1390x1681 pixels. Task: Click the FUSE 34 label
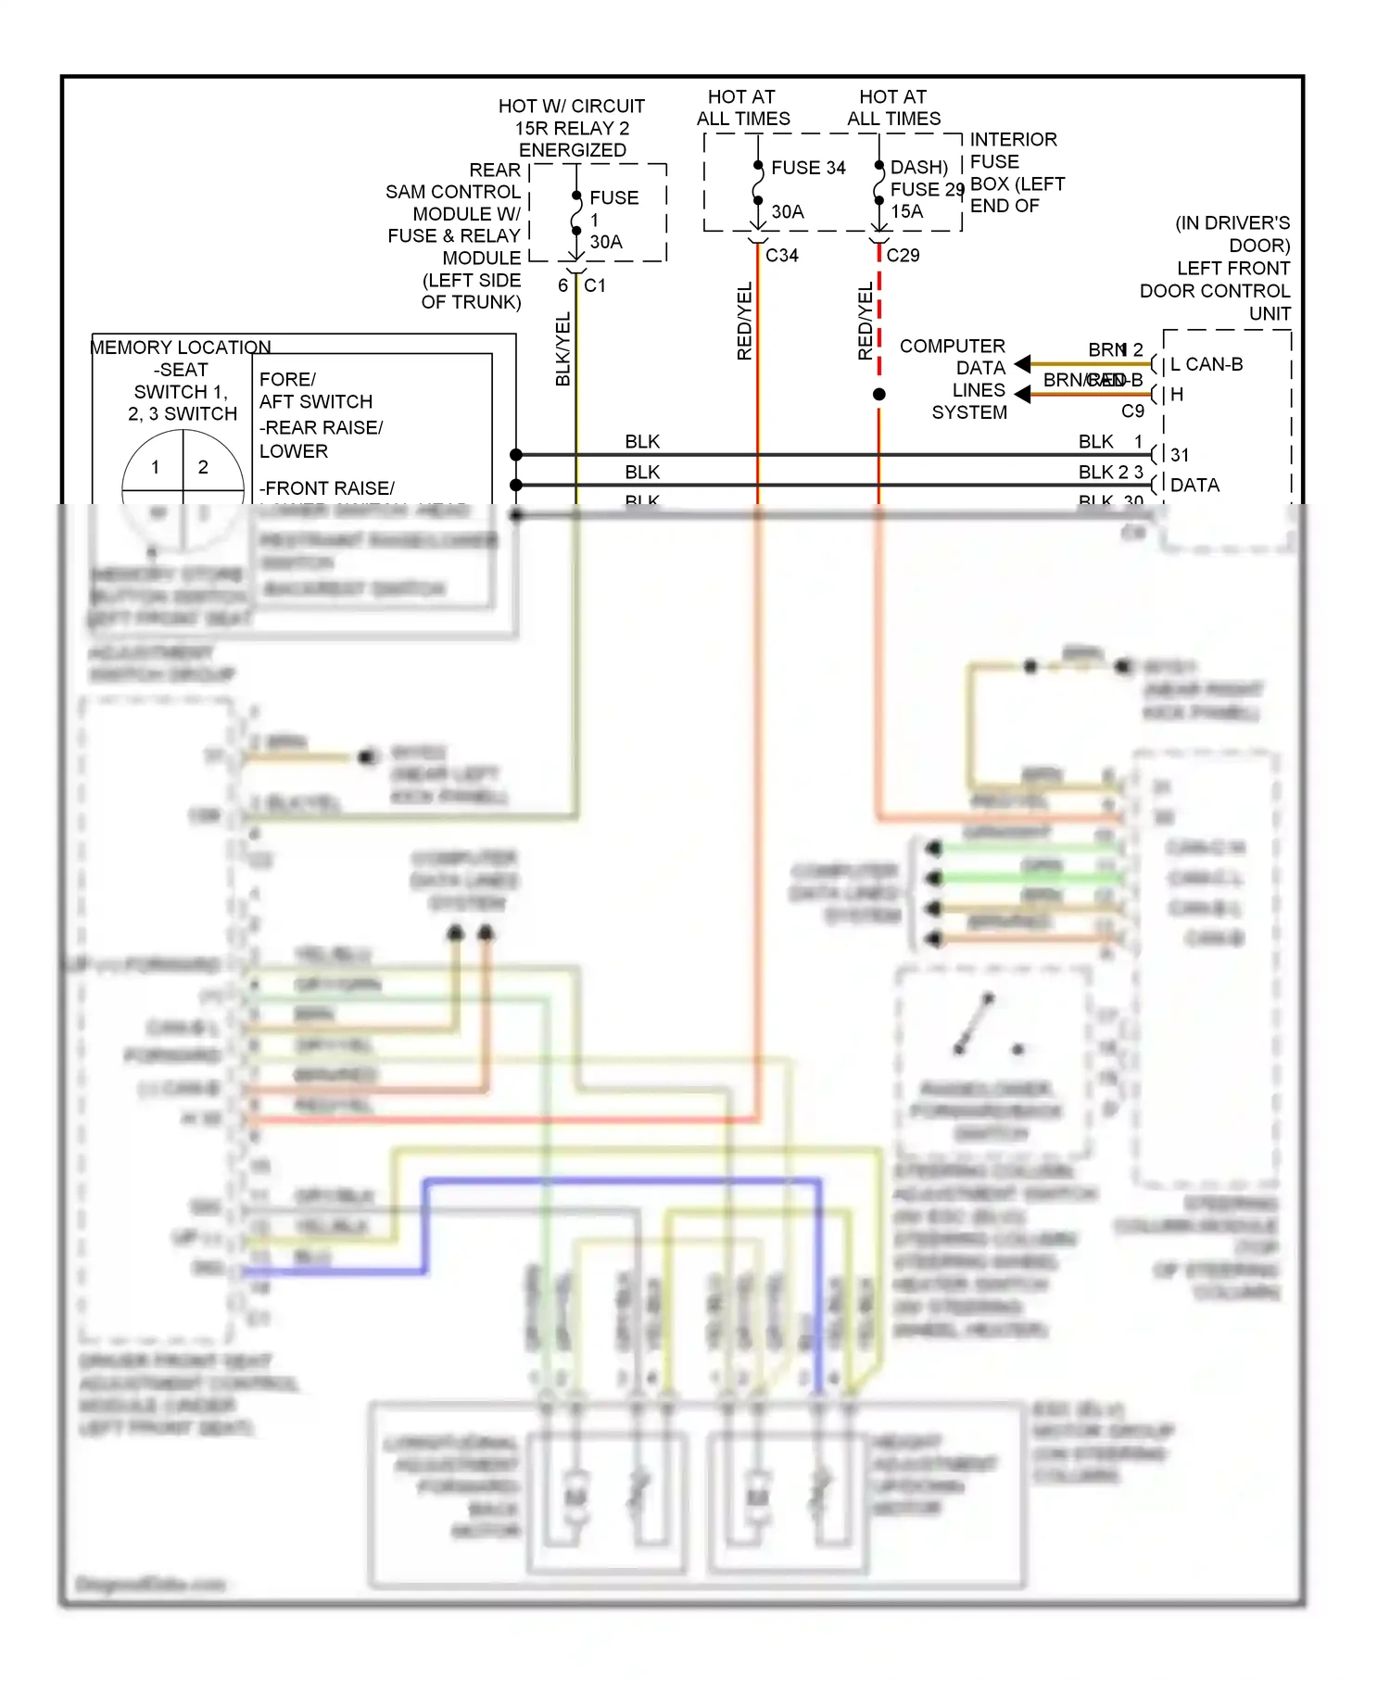(808, 168)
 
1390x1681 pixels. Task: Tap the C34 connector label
(782, 256)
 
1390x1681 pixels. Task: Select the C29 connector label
(903, 256)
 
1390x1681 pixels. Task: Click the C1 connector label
(595, 285)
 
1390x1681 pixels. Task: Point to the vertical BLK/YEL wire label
(563, 349)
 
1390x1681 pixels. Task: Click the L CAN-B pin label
(1207, 364)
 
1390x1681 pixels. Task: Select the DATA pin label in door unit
(1194, 486)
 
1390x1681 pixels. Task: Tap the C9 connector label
(1132, 411)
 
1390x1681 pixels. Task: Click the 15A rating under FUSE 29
(906, 211)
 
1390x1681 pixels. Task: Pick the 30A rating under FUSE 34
(788, 211)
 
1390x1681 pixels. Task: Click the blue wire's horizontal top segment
(621, 1181)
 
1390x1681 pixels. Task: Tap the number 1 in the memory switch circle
(155, 467)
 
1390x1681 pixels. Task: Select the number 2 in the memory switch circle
(203, 467)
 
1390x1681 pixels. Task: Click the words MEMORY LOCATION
(181, 348)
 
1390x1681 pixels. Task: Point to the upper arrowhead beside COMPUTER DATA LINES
(1022, 364)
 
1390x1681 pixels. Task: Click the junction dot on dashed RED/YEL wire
(878, 394)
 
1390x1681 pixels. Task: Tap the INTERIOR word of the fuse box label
(1013, 140)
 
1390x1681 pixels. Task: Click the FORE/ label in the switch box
(287, 380)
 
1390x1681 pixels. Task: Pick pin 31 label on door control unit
(1179, 455)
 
